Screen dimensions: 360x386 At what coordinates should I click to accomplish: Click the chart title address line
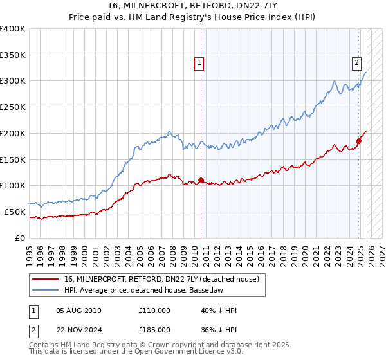(193, 6)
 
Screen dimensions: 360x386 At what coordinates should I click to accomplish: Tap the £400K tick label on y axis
(13, 29)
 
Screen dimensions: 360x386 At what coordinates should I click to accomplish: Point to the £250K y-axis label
(13, 107)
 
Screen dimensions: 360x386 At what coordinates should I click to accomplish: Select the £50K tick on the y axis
(15, 212)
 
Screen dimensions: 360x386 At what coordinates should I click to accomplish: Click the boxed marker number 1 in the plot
(199, 63)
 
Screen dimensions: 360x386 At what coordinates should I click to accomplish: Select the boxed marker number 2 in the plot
(356, 63)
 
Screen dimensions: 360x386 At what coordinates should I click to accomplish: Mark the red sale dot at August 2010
(201, 180)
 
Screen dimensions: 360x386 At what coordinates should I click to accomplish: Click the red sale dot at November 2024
(358, 141)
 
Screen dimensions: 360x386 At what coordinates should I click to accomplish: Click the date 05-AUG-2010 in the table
(79, 310)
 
